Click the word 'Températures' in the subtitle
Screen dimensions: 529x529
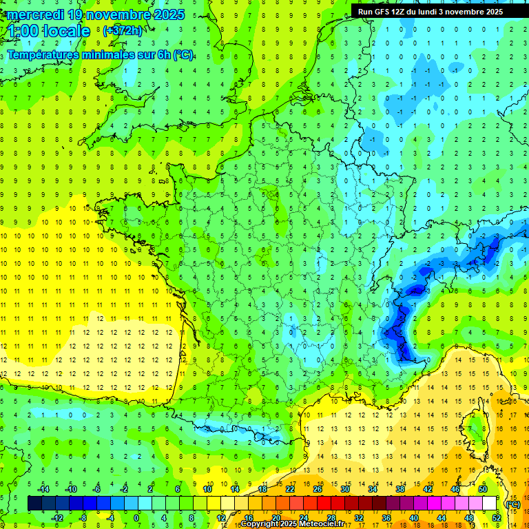pos(43,55)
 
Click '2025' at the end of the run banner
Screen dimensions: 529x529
pos(492,12)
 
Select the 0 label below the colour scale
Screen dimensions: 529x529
pos(136,517)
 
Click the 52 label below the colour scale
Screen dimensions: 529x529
pos(497,517)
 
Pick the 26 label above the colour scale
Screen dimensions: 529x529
pos(318,489)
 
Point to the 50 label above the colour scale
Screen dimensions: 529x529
pos(483,489)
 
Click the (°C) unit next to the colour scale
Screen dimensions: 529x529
pos(512,504)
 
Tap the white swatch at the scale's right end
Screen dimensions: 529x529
pos(490,504)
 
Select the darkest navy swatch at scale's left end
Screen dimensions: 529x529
pos(34,504)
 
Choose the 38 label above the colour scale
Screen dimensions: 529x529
pos(400,489)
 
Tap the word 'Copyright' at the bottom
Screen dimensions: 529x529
pos(259,524)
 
